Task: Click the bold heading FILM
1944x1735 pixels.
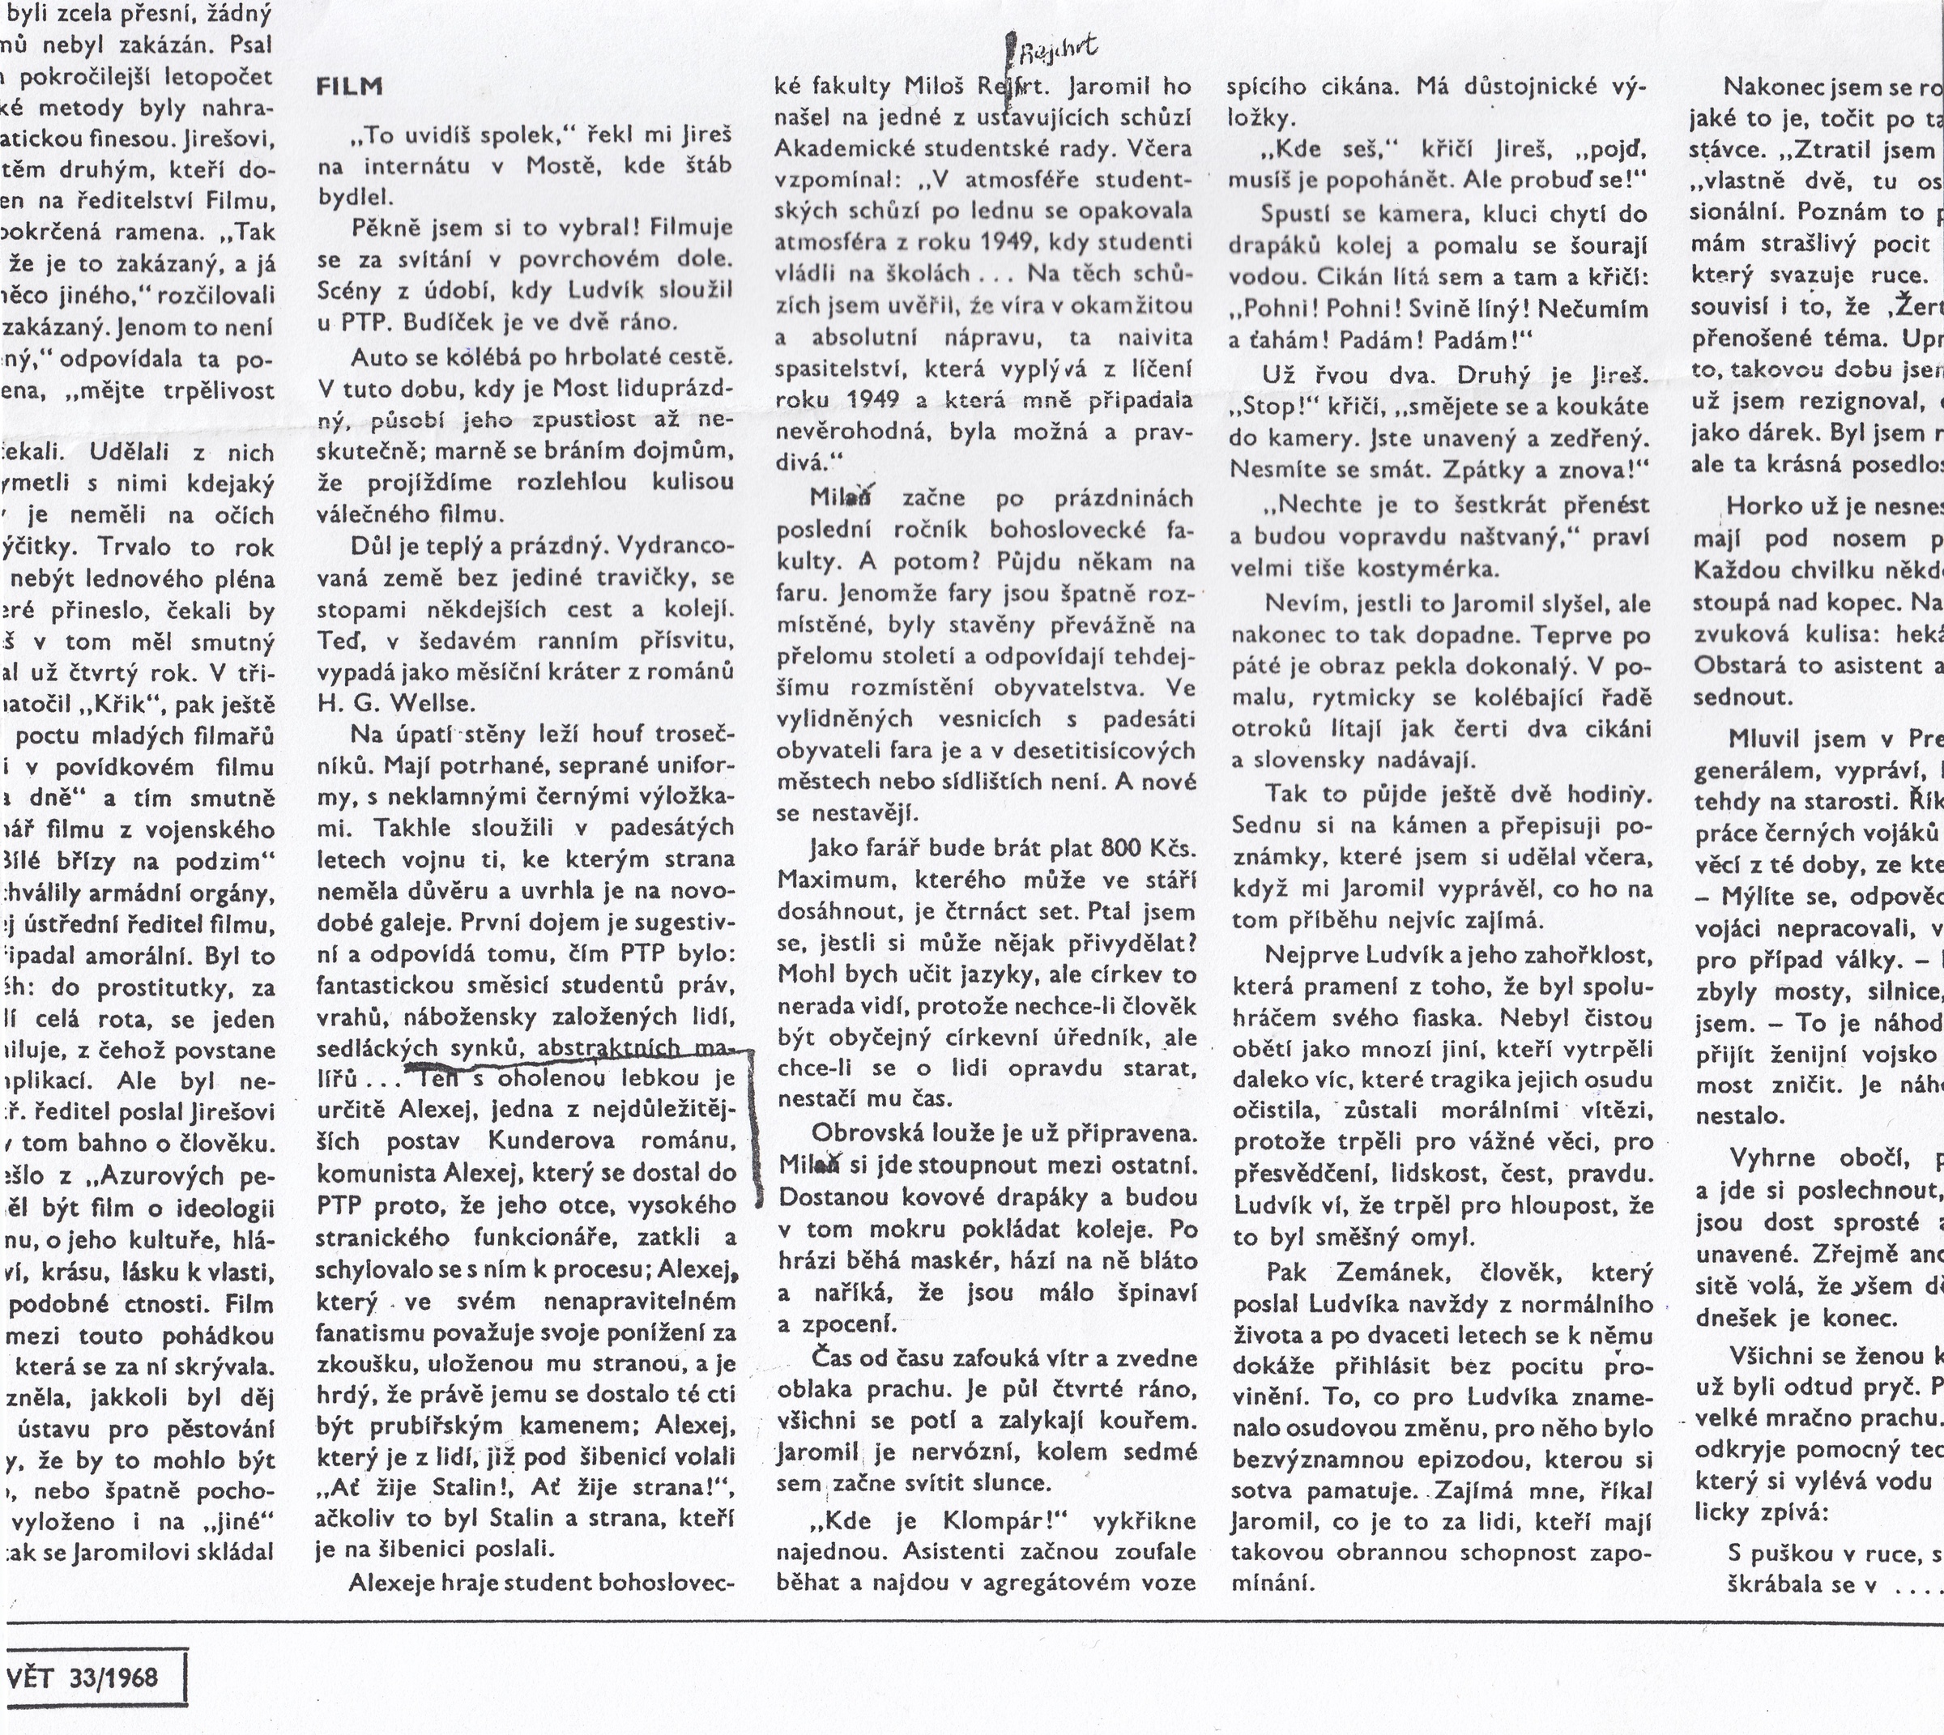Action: coord(349,87)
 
